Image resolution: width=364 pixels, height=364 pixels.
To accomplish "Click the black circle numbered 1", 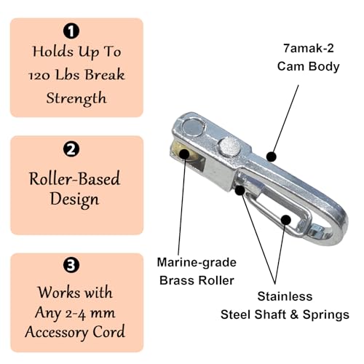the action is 71,31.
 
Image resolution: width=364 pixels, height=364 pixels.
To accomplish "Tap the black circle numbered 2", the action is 71,149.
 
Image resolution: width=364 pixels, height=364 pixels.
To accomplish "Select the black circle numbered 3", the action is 71,265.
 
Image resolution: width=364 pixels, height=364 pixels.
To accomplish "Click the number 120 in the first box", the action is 39,76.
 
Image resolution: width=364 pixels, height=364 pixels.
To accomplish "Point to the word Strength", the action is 76,98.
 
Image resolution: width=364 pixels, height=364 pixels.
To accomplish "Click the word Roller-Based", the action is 74,178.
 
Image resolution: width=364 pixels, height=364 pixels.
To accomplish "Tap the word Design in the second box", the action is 74,199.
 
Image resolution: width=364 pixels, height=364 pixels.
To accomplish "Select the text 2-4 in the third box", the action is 75,314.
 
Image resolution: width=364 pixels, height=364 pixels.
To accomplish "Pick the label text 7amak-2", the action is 309,48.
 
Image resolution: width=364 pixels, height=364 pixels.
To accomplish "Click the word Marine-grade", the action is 197,263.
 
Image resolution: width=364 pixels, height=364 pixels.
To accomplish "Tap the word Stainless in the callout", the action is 285,296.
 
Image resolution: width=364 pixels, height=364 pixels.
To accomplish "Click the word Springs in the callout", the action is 326,315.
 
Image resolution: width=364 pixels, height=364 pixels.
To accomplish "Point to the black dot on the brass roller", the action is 184,154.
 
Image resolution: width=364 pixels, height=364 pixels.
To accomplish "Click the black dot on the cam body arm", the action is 272,157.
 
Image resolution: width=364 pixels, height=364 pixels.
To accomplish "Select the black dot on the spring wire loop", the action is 286,220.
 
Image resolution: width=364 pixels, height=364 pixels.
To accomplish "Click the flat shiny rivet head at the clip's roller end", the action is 194,127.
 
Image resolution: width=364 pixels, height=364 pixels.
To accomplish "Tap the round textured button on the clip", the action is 230,146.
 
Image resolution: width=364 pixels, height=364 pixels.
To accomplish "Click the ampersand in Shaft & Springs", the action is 294,314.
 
